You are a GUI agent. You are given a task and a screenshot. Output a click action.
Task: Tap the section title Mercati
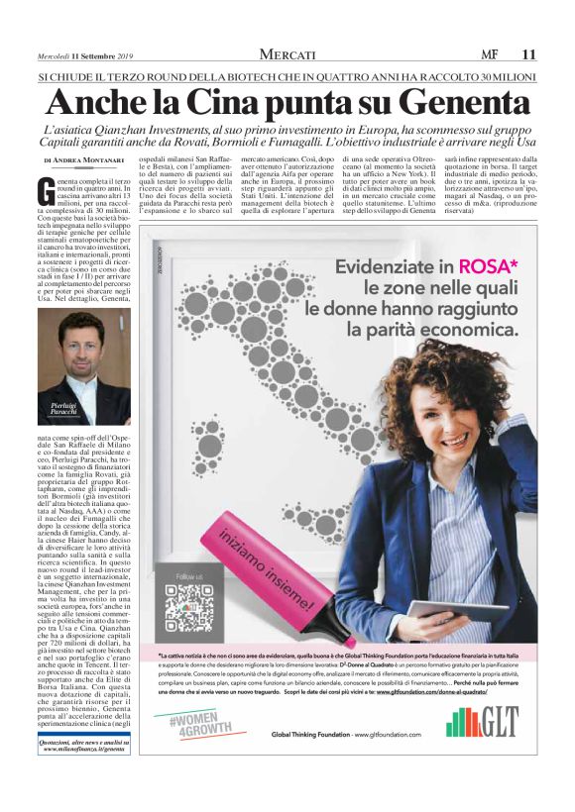coord(287,53)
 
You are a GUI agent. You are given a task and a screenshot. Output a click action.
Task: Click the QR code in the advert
coord(188,607)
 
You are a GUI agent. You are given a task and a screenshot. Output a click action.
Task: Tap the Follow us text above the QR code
coord(188,575)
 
